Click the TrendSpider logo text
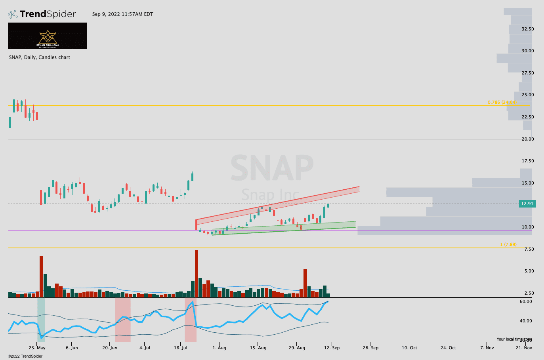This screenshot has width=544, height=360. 48,14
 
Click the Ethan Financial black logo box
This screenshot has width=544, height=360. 48,36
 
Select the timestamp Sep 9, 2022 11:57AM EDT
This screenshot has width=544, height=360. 122,14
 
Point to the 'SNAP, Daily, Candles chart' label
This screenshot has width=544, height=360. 40,57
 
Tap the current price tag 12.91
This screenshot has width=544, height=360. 527,204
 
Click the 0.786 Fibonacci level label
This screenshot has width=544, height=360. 502,102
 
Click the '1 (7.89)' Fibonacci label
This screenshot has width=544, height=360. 508,244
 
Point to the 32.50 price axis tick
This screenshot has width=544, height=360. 528,29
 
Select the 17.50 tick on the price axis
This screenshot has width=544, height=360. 528,161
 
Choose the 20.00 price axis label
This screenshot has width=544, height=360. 528,139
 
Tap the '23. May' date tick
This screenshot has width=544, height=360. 37,348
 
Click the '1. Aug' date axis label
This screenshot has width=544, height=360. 219,348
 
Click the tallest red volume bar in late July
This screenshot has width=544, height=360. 196,273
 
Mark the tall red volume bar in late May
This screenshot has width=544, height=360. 41,276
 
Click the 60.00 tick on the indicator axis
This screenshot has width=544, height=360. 526,302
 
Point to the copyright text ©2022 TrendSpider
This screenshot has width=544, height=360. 25,356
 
